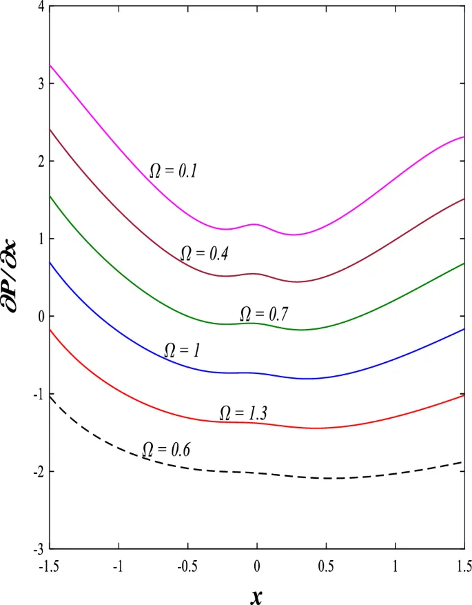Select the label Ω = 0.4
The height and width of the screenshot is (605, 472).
pos(204,253)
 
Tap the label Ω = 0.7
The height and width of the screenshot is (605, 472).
pos(263,314)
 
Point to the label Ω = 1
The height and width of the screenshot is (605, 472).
pos(182,350)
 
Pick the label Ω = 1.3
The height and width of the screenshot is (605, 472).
pos(243,413)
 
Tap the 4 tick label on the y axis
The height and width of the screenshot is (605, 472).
pos(41,7)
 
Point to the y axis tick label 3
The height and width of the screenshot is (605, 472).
pos(41,84)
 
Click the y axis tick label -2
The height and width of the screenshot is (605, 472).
pos(39,472)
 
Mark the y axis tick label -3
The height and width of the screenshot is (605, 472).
pos(39,549)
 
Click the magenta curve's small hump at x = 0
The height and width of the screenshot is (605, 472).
pos(256,224)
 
